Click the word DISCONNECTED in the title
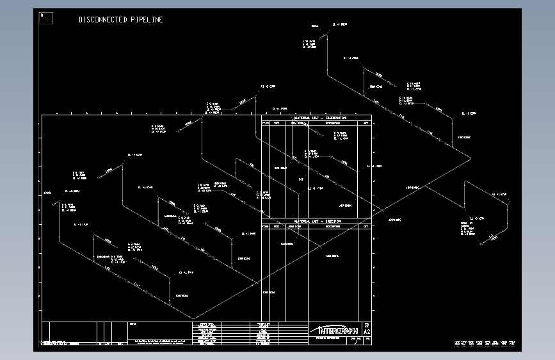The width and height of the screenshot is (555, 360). pyautogui.click(x=103, y=20)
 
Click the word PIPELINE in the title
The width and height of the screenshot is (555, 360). pyautogui.click(x=147, y=20)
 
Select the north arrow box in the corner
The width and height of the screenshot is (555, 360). pyautogui.click(x=46, y=18)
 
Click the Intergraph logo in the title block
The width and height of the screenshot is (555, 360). pyautogui.click(x=335, y=330)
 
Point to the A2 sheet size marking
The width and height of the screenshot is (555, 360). pyautogui.click(x=367, y=332)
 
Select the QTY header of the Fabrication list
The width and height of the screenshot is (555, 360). pyautogui.click(x=366, y=122)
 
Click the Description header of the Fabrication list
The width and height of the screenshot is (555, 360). pyautogui.click(x=335, y=122)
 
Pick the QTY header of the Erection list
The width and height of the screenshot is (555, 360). pyautogui.click(x=366, y=226)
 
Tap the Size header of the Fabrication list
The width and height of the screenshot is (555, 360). pyautogui.click(x=277, y=122)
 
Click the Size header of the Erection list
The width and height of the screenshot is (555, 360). pyautogui.click(x=277, y=226)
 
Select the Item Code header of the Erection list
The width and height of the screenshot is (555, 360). pyautogui.click(x=294, y=226)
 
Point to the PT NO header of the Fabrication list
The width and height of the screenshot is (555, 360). pyautogui.click(x=266, y=122)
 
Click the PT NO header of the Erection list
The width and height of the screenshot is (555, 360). pyautogui.click(x=266, y=226)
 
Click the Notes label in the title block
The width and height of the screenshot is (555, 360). pyautogui.click(x=133, y=324)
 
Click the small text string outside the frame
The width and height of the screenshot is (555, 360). pyautogui.click(x=485, y=343)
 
